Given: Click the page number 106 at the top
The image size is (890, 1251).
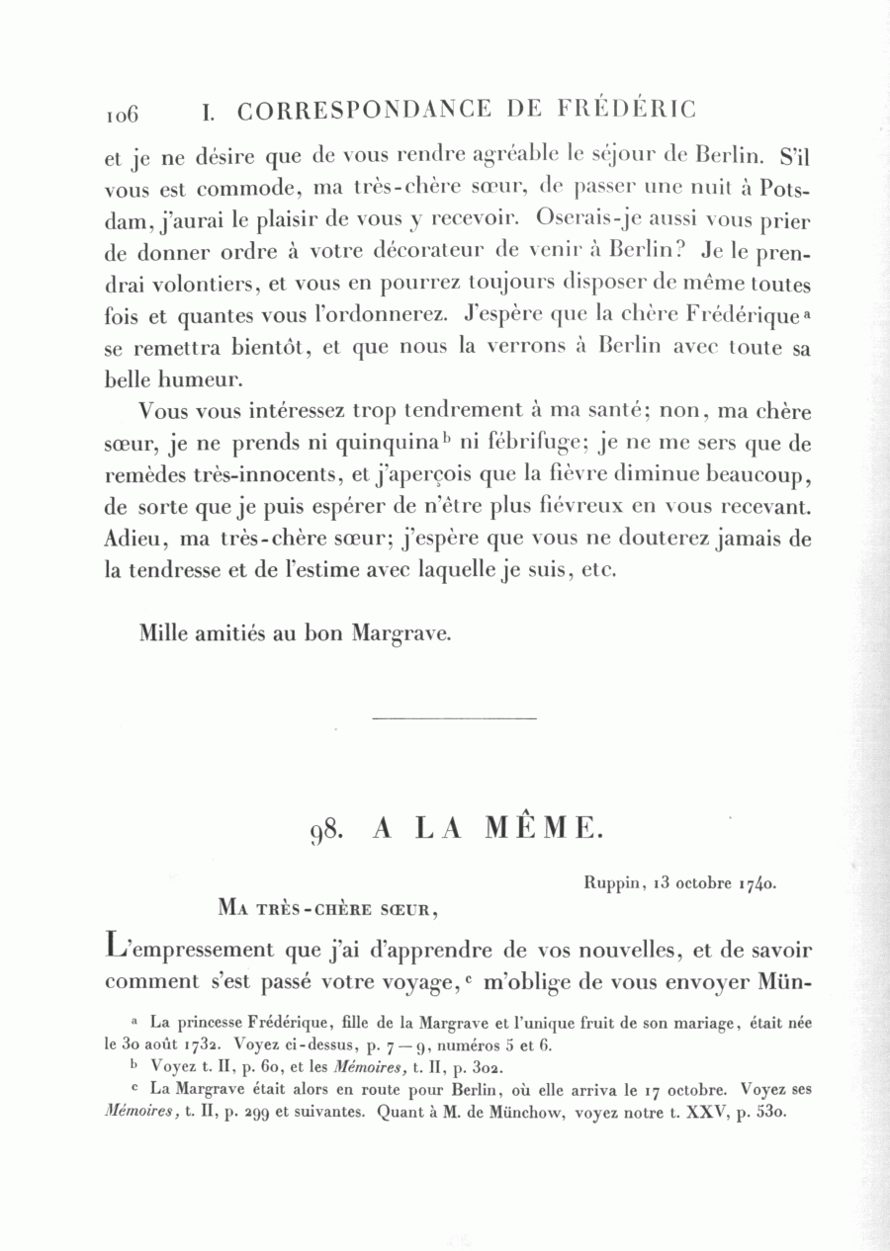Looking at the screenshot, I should click(122, 113).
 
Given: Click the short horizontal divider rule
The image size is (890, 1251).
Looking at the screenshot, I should click(456, 717).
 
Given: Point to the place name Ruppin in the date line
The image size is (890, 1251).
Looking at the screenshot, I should click(597, 883).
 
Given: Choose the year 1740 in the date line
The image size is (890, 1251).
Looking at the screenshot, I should click(756, 884).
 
